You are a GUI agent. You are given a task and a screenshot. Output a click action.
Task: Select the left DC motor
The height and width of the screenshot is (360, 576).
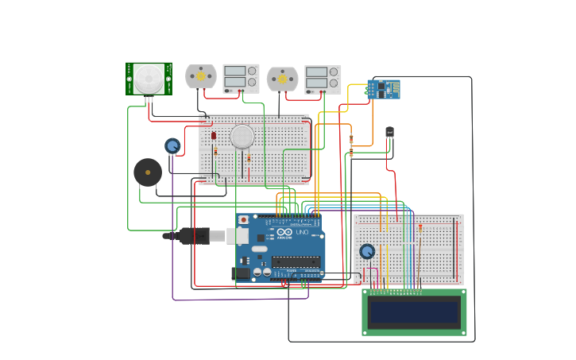(x=201, y=76)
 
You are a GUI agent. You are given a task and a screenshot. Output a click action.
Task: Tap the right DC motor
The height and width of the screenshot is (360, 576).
(x=282, y=79)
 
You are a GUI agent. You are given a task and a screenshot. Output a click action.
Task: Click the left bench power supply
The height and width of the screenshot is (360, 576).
(x=241, y=78)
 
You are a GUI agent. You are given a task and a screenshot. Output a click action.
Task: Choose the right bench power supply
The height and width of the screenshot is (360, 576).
(x=323, y=79)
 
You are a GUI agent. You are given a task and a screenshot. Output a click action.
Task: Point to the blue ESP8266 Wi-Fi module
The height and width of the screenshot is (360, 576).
(x=383, y=89)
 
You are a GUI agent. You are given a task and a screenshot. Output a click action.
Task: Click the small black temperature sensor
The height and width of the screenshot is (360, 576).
(x=389, y=132)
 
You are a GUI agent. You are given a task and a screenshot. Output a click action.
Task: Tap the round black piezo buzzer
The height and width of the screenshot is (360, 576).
(x=148, y=172)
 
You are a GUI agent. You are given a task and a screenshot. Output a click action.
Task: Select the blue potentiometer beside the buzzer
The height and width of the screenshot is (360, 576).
(x=172, y=145)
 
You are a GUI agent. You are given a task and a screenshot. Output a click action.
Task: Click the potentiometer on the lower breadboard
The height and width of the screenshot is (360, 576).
(x=366, y=251)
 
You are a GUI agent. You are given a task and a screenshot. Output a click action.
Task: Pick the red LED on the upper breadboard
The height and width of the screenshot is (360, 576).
(x=214, y=136)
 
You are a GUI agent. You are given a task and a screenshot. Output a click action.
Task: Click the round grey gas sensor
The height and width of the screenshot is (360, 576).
(x=242, y=137)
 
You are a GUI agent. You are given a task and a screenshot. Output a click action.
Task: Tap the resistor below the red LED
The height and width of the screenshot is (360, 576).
(x=215, y=151)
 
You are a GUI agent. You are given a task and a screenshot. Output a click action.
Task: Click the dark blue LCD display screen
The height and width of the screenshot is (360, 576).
(x=414, y=312)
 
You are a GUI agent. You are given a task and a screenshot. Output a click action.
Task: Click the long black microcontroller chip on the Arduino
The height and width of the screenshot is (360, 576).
(x=295, y=261)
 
